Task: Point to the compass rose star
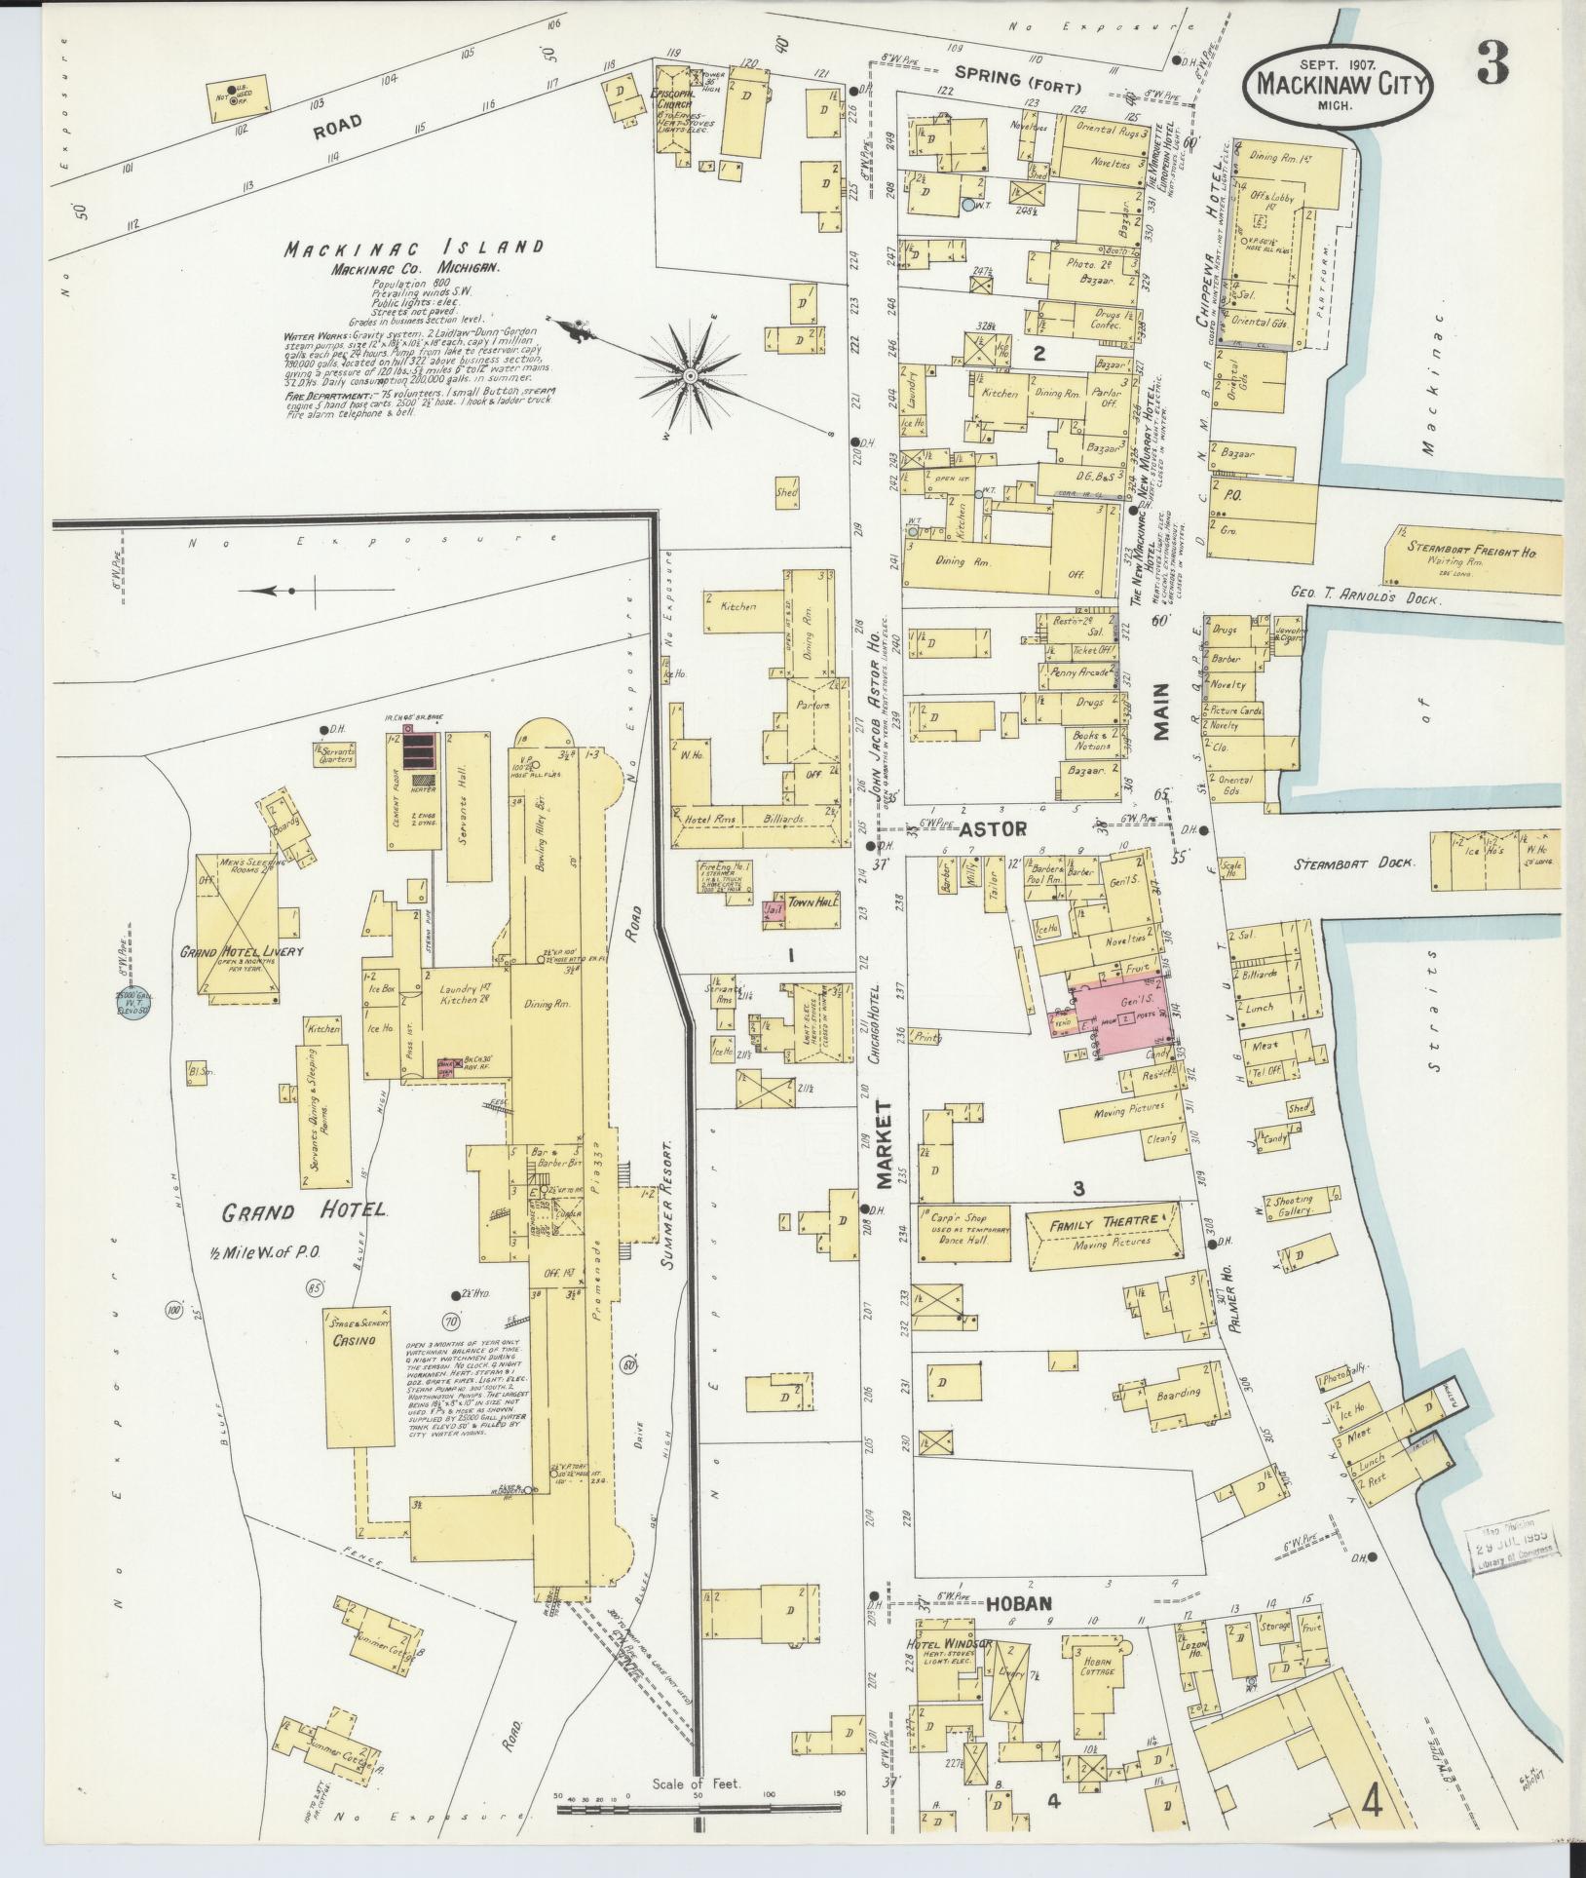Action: click(x=691, y=375)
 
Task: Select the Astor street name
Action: click(x=993, y=829)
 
